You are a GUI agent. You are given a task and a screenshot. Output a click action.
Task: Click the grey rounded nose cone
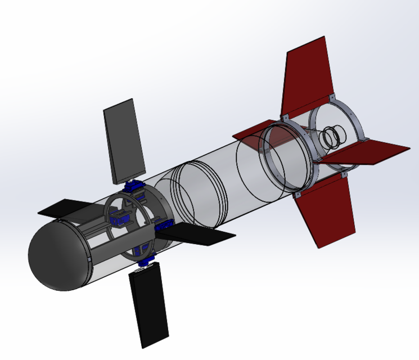coord(56,259)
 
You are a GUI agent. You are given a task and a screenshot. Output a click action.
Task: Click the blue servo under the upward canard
coord(134,186)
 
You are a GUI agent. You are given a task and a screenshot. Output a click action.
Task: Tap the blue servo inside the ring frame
coord(121,217)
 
